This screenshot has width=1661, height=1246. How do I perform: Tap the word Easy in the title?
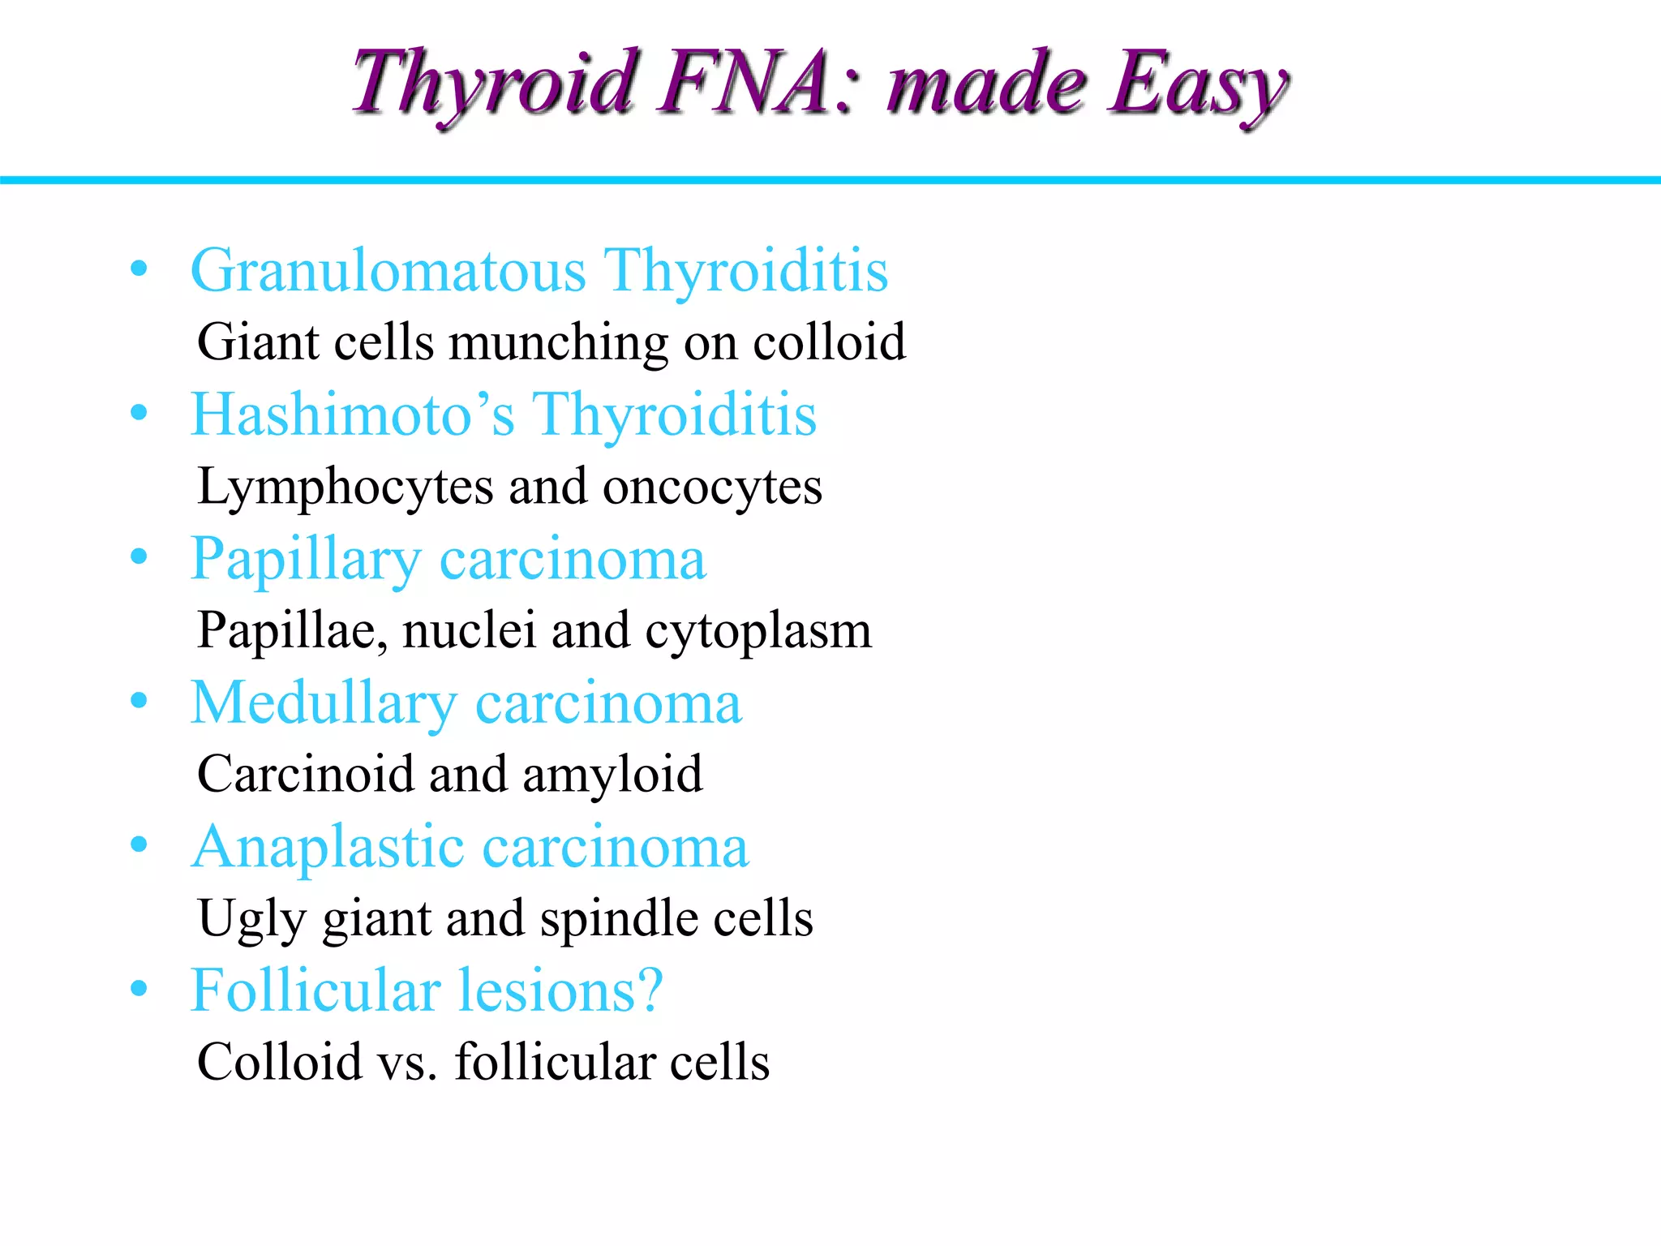(1198, 85)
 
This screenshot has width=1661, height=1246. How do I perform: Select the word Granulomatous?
(388, 270)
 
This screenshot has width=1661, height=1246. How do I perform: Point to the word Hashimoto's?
(352, 415)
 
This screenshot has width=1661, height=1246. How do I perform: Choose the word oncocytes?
(712, 487)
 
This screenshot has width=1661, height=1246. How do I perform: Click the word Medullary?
(324, 704)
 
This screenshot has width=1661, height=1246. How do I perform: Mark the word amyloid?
(612, 776)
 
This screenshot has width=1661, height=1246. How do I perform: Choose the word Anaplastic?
(328, 848)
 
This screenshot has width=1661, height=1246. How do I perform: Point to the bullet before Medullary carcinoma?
(139, 701)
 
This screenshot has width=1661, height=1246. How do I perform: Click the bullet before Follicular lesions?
(139, 989)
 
